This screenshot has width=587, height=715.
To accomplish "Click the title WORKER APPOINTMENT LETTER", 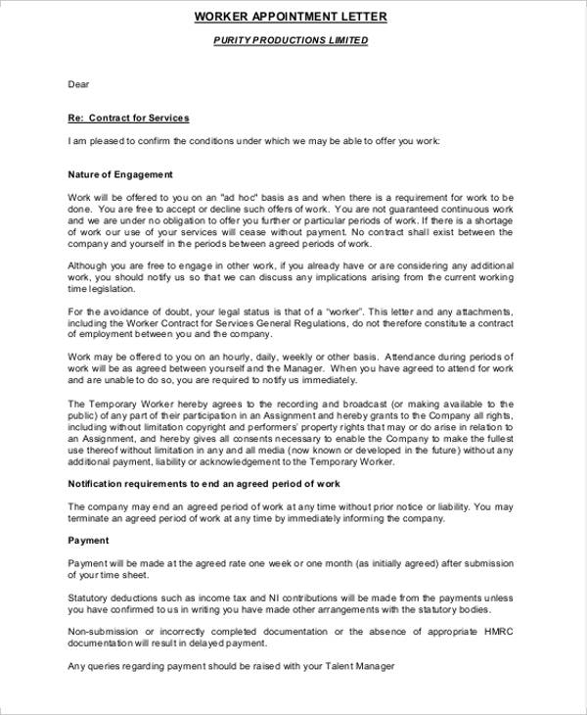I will tap(291, 17).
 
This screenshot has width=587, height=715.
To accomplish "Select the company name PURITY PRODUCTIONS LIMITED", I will tap(291, 41).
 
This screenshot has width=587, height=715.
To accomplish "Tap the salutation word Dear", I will tap(78, 85).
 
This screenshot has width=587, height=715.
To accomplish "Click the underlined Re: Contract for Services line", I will tap(128, 119).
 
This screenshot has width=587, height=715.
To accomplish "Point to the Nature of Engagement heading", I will tap(120, 174).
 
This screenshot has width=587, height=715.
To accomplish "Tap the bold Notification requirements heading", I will tap(203, 484).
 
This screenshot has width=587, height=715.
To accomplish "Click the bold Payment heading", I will tap(88, 541).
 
